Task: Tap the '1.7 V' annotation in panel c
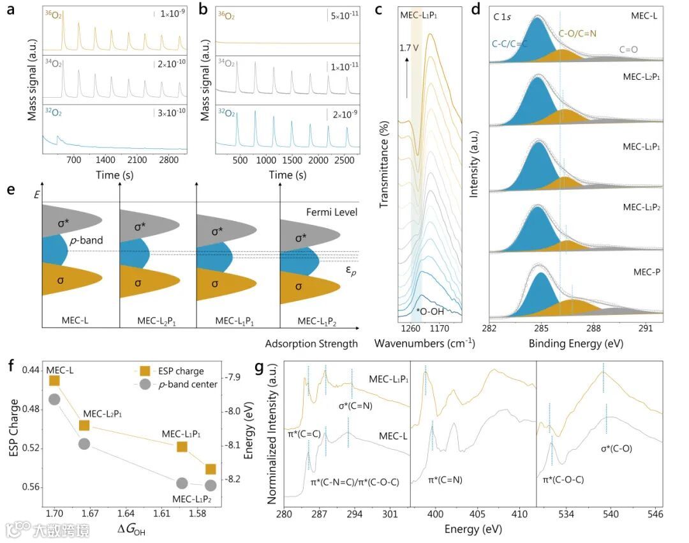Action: point(410,47)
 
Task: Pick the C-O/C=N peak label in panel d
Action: point(582,33)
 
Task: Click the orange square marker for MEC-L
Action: point(54,381)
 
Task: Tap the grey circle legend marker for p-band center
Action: point(145,384)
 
